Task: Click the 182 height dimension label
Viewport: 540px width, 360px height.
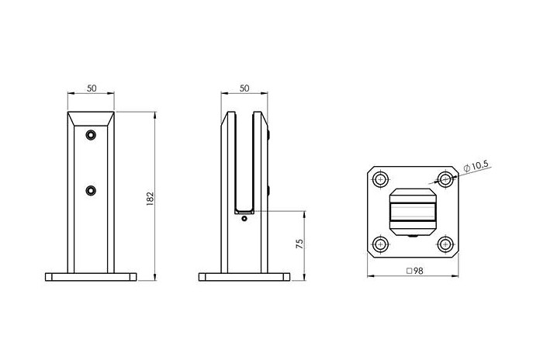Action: tap(150, 199)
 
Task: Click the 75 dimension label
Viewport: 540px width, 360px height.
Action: tap(300, 244)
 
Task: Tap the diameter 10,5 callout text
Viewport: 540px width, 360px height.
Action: tap(476, 167)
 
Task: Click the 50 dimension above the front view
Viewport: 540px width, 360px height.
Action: tap(92, 88)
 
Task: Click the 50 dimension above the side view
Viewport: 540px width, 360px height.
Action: tap(244, 88)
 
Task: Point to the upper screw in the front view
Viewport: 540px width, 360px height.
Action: tap(91, 135)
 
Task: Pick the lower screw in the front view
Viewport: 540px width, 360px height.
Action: tap(91, 190)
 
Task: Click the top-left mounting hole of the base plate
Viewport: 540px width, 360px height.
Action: tap(380, 179)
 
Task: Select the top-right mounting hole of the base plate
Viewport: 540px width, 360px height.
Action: tap(445, 179)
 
